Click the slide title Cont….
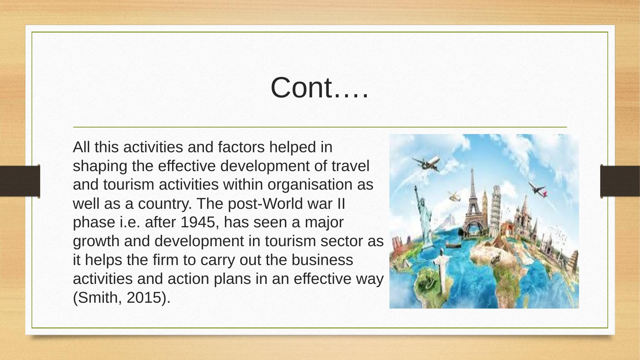point(319,88)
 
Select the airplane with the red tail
point(537,189)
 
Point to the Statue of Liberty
point(421,216)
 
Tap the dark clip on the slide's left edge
point(20,181)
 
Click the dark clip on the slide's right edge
point(620,181)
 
